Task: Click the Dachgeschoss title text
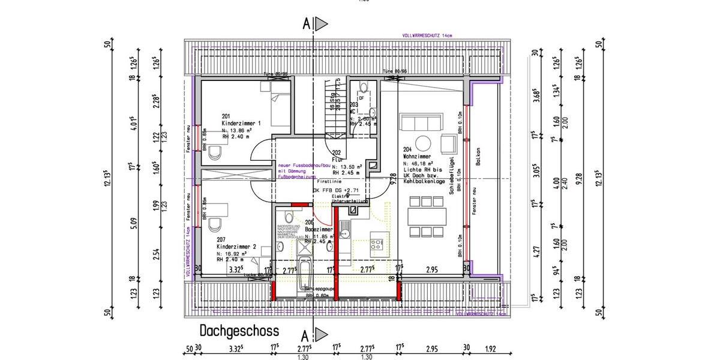click(239, 331)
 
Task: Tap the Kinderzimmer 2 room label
click(236, 247)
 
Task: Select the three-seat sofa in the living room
click(422, 124)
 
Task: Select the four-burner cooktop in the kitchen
click(378, 244)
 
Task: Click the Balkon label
click(478, 158)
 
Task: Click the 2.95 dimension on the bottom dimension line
click(431, 349)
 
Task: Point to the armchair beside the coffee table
click(447, 143)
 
